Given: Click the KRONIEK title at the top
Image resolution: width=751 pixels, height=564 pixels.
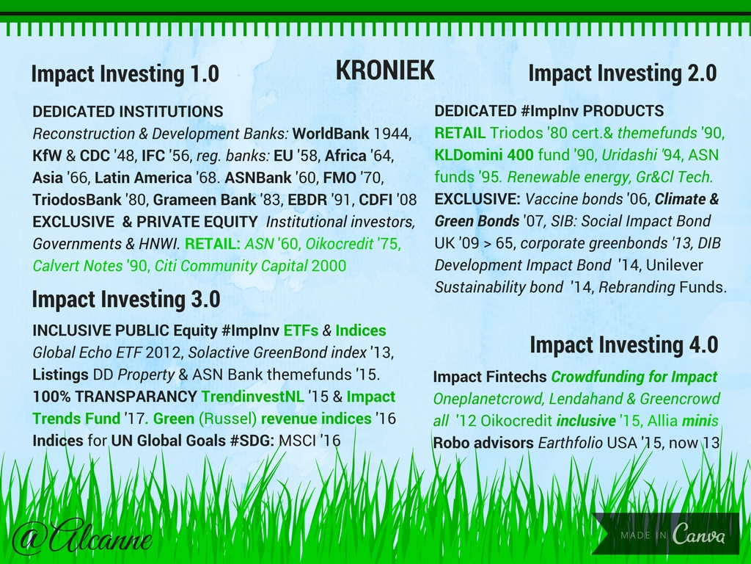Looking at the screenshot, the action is coord(385,70).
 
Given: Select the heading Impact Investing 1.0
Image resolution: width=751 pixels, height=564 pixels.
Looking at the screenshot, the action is coord(125,73).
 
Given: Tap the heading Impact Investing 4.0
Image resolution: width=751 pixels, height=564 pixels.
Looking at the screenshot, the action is coord(624,345).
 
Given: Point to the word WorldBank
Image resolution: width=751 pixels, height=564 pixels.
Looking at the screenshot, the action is coord(331,134).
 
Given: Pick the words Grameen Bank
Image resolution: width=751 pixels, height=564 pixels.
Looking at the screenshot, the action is coord(205,200).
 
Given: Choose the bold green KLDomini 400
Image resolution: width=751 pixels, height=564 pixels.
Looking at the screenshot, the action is coord(484,155).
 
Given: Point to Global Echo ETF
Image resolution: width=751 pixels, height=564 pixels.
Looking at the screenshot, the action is coord(87,352).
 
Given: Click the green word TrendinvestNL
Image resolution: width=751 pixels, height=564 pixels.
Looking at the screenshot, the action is coord(252,397).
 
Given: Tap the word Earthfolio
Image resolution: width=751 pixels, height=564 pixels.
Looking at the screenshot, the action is coord(570,442).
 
